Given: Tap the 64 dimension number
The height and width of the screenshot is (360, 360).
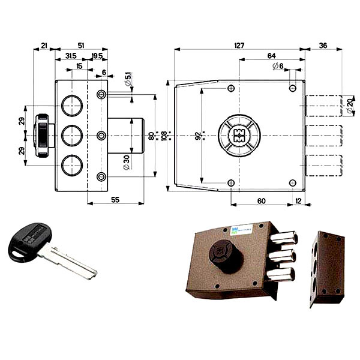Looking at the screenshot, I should pos(271,55).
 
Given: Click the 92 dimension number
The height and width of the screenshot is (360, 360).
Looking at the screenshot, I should pos(198,135).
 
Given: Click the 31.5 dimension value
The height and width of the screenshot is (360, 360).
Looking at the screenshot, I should pos(70,56).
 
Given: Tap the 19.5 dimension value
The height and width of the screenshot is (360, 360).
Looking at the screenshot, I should pos(97,56).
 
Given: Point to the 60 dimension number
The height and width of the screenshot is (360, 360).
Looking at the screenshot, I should pos(262,200).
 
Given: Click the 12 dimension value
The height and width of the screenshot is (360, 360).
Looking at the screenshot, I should pos(299,200).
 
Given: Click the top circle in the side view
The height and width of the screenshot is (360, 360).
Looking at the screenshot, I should pos(72,106).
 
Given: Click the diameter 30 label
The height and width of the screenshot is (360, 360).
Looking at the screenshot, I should pos(127,163).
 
